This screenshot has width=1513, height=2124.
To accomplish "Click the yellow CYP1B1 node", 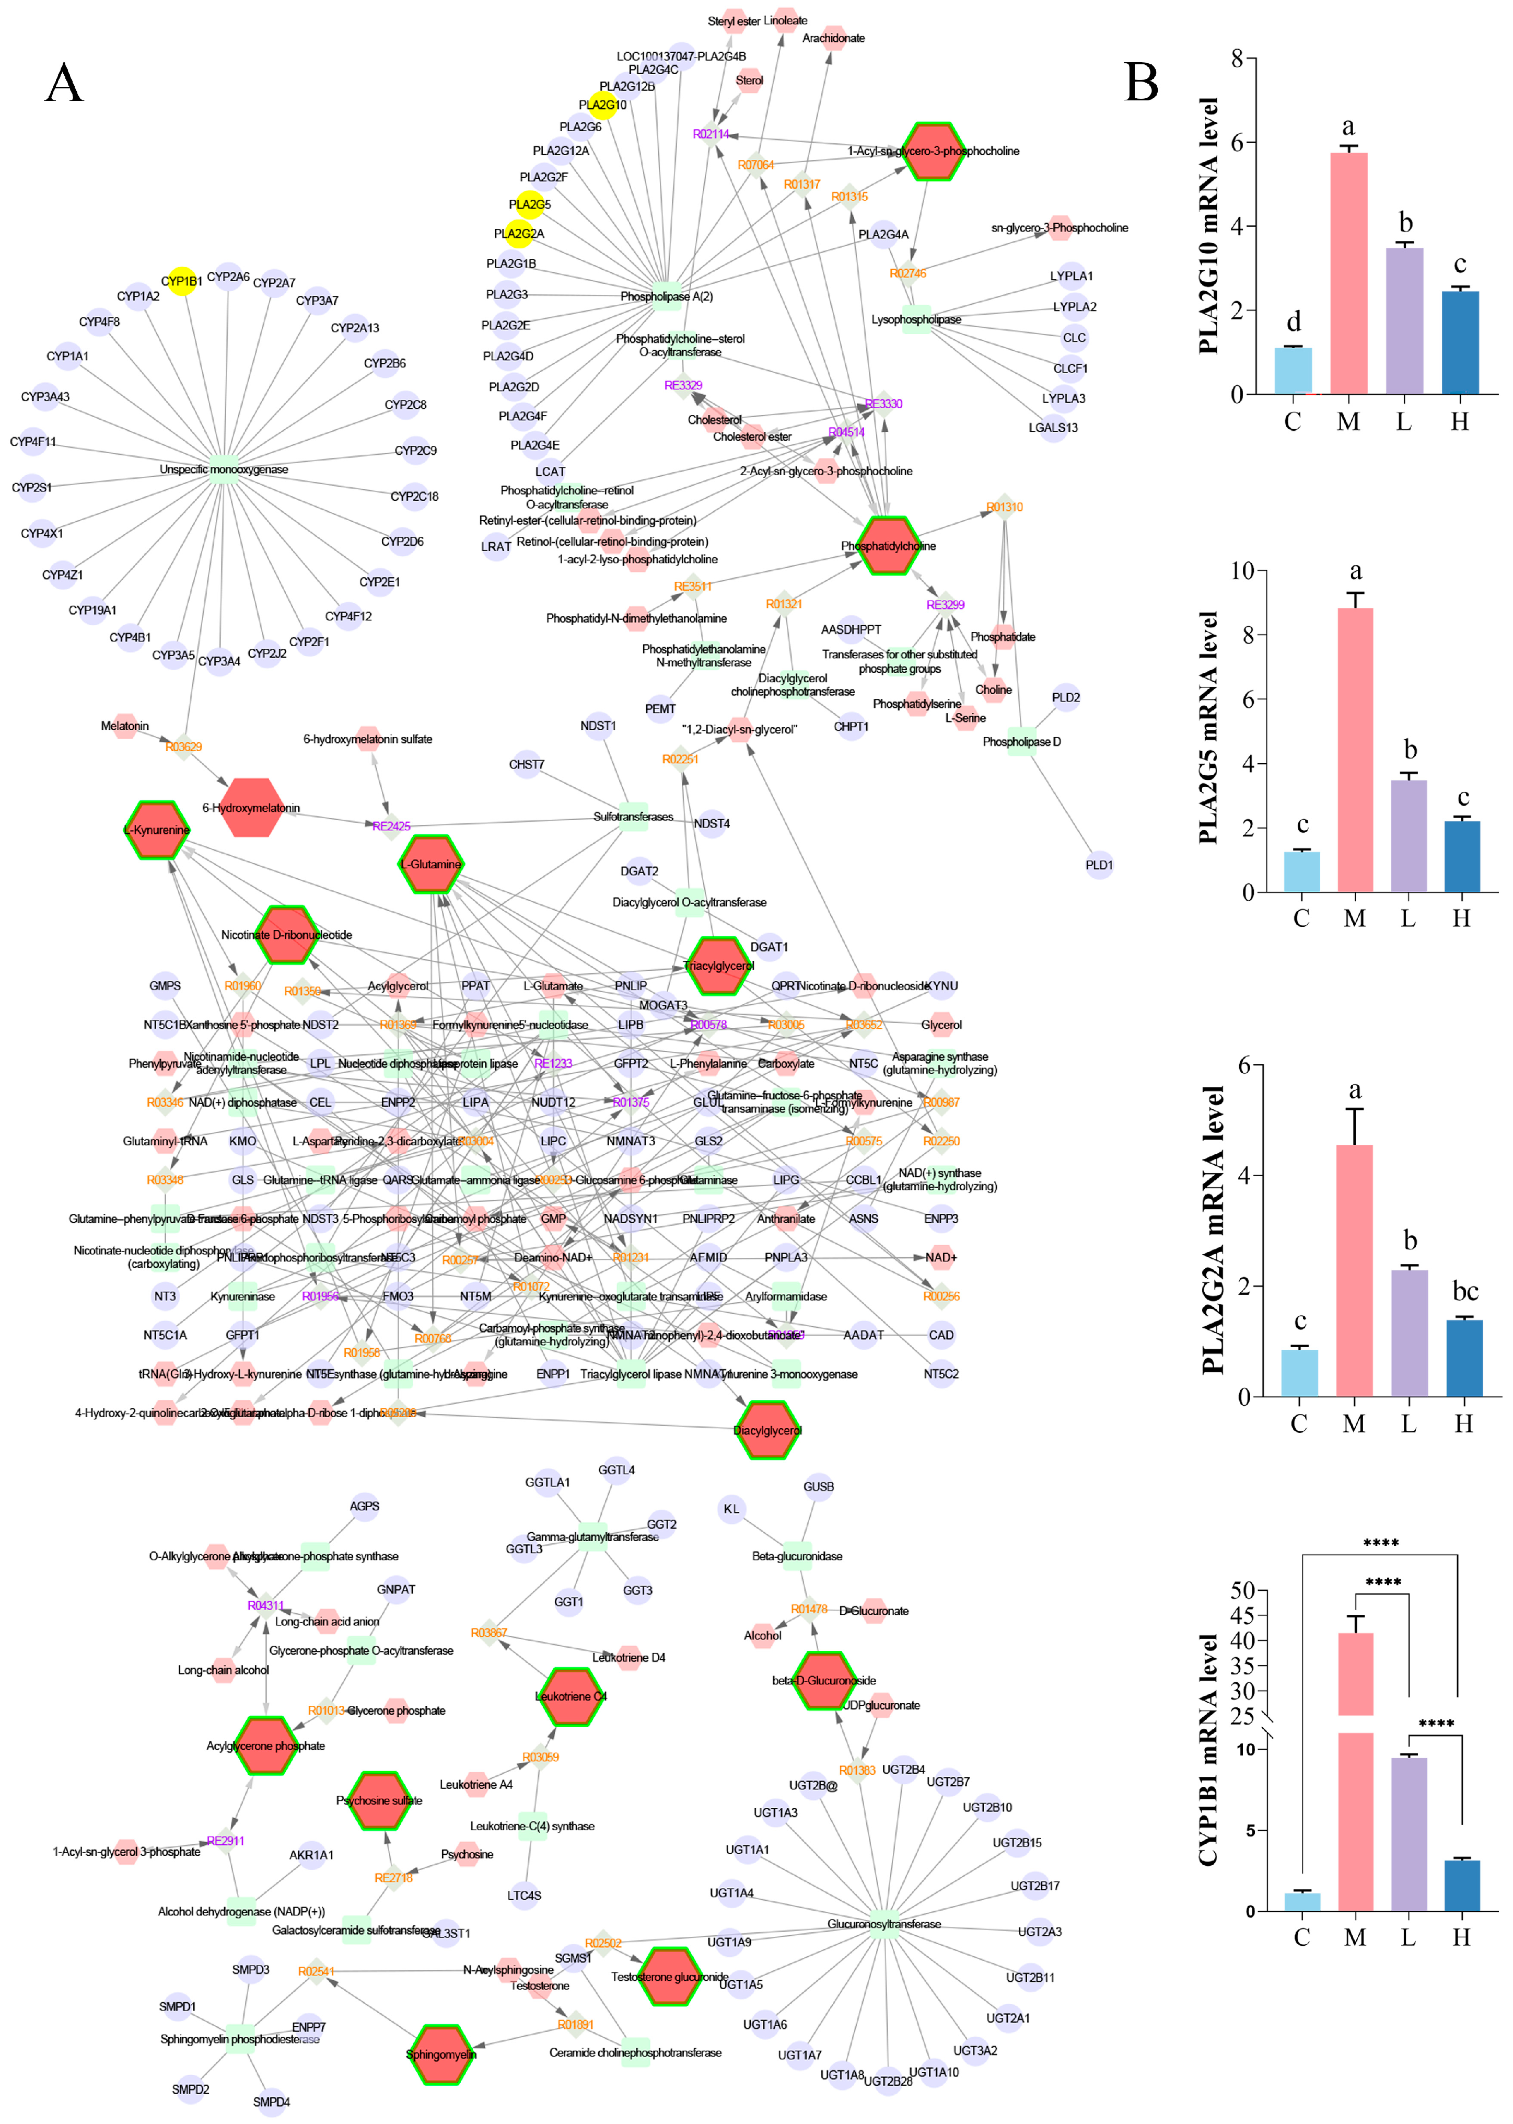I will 182,281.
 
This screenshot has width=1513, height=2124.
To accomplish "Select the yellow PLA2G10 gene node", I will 604,105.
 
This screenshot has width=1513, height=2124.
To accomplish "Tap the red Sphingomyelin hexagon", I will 441,2053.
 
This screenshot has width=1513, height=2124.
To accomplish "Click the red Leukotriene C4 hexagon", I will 570,1696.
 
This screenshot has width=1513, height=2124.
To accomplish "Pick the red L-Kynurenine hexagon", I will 157,830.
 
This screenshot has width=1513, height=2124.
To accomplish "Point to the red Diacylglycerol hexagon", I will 767,1430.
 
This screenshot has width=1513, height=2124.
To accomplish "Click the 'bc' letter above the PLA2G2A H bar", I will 1464,1291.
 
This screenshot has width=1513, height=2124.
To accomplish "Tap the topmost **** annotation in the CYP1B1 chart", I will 1381,1543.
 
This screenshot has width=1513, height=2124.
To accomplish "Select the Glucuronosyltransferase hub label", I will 883,1924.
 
